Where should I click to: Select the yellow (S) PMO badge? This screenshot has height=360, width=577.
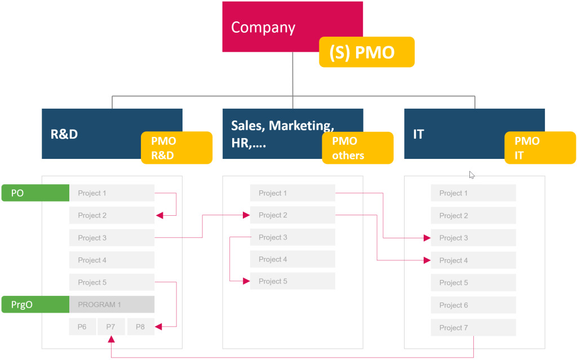tap(366, 52)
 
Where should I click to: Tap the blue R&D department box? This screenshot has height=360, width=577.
tap(90, 134)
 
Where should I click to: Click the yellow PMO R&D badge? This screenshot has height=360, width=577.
tap(176, 148)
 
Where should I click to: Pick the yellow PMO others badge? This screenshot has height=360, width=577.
tap(357, 148)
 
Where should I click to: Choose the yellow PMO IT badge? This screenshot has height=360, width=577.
tap(540, 148)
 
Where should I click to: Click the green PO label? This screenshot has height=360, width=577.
tap(35, 193)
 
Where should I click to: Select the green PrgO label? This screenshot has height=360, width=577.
tap(35, 304)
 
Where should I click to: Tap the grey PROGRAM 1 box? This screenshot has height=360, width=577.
tap(112, 304)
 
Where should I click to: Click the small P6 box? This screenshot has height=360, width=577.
tap(82, 327)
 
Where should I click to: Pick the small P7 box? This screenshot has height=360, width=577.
tap(111, 327)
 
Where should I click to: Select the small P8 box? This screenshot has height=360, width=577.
tap(140, 327)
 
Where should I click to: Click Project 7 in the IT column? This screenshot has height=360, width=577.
tap(473, 327)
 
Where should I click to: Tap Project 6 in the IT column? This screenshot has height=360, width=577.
tap(473, 305)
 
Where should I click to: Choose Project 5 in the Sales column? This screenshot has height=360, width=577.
tap(292, 281)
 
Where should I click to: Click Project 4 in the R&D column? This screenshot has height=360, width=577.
tap(112, 260)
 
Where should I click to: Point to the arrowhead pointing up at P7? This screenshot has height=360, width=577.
tap(112, 339)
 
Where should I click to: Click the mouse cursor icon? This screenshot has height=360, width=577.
tap(472, 175)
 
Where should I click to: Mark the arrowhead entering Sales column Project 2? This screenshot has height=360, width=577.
tap(246, 215)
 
